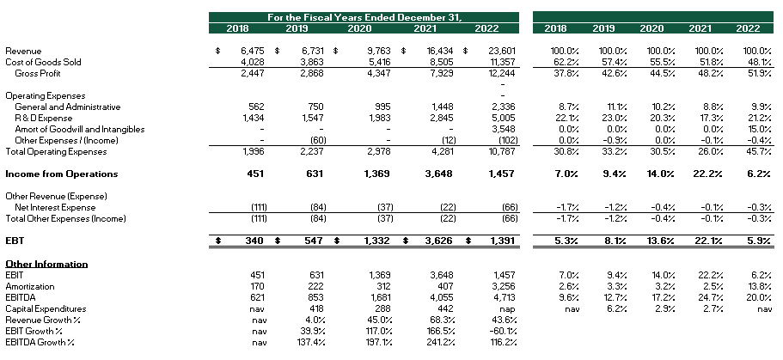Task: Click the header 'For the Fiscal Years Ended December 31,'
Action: pyautogui.click(x=364, y=17)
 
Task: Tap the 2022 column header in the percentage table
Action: pyautogui.click(x=748, y=28)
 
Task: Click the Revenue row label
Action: pyautogui.click(x=23, y=52)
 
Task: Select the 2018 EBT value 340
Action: pyautogui.click(x=255, y=241)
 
